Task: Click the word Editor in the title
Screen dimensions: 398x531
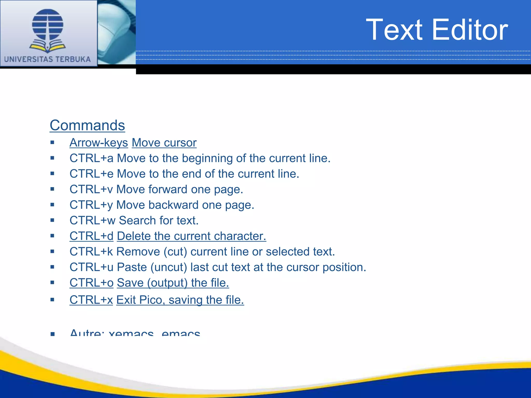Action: point(470,30)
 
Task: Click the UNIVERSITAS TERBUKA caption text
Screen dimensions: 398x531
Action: point(47,59)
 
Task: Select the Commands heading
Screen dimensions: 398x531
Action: point(87,125)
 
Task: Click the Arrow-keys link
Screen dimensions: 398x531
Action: point(99,143)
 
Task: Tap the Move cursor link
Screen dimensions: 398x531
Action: point(164,143)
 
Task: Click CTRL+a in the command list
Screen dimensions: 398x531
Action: point(91,158)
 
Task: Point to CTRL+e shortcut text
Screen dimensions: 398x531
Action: point(91,174)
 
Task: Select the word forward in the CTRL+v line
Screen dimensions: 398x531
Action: point(168,189)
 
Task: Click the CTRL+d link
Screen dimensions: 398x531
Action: point(91,236)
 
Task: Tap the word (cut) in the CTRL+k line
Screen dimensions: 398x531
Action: point(175,252)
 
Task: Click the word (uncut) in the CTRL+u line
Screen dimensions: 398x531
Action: point(169,267)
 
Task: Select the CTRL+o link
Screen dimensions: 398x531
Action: point(91,283)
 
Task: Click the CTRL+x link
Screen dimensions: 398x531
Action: point(91,300)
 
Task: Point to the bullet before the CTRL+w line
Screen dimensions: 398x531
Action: point(52,221)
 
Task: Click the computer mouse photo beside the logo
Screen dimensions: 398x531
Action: point(117,31)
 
